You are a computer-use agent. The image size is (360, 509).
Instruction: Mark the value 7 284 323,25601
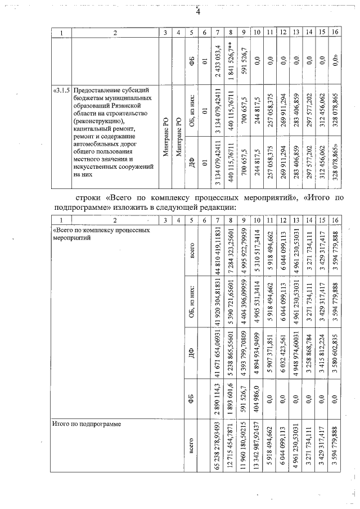click(x=230, y=251)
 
